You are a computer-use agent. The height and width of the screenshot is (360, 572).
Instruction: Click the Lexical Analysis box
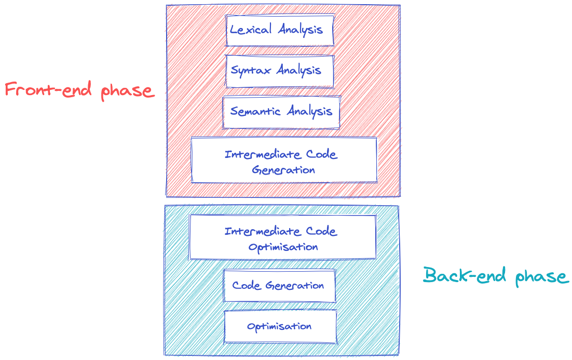click(279, 30)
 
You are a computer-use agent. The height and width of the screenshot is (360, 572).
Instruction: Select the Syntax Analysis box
click(279, 71)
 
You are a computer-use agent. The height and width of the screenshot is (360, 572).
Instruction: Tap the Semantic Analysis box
click(281, 112)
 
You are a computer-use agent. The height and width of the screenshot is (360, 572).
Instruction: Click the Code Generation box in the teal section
click(279, 286)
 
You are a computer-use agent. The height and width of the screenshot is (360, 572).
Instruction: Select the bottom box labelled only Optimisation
click(280, 327)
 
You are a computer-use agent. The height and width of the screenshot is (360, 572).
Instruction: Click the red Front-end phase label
click(79, 90)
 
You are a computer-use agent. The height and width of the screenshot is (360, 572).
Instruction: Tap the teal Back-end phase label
click(495, 276)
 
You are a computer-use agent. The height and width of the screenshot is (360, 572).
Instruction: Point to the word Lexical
click(251, 30)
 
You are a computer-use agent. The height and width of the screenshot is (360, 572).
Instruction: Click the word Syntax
click(251, 71)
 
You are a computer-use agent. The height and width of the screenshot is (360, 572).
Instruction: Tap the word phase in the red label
click(128, 92)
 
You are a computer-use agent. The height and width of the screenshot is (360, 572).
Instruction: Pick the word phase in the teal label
click(542, 277)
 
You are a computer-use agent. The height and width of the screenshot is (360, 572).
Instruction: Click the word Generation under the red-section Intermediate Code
click(283, 170)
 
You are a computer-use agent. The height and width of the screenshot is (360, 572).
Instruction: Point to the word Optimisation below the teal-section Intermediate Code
click(282, 247)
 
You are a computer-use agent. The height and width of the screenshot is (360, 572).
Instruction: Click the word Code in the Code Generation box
click(247, 286)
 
